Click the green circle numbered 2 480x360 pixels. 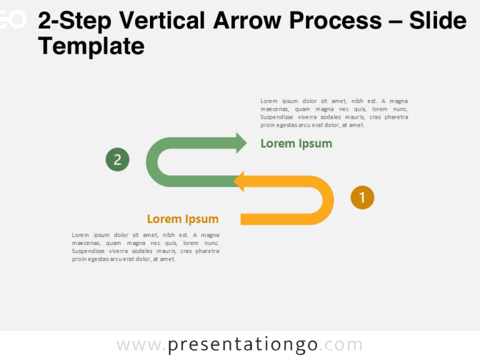(x=117, y=160)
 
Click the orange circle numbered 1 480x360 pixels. (x=362, y=197)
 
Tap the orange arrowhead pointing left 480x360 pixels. (x=239, y=181)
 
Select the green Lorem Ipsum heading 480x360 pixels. (x=296, y=144)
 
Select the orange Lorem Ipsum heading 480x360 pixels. (x=182, y=219)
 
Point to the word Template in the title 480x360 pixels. (x=91, y=46)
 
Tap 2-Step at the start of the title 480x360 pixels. (x=74, y=21)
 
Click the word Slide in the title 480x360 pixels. (x=437, y=21)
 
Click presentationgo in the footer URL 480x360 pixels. (x=243, y=345)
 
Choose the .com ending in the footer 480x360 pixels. (x=342, y=345)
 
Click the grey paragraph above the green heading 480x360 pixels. (x=334, y=112)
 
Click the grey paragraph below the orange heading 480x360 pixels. (x=146, y=247)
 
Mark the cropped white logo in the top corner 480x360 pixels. (x=12, y=20)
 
